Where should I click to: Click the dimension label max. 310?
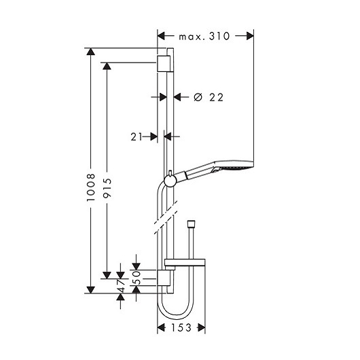(x=204, y=36)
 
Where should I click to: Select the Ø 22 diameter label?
(x=209, y=97)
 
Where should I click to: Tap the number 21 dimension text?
(x=137, y=137)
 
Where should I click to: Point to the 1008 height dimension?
(x=91, y=187)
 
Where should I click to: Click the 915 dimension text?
(x=107, y=188)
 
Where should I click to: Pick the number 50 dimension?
(x=137, y=278)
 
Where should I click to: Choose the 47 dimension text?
(x=121, y=286)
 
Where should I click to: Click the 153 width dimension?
(x=181, y=327)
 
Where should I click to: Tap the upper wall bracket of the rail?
(x=164, y=64)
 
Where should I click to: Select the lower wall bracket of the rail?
(x=164, y=278)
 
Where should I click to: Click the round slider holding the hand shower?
(x=170, y=181)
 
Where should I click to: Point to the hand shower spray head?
(x=234, y=167)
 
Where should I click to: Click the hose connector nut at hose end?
(x=191, y=224)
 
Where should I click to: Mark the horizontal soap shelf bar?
(x=185, y=262)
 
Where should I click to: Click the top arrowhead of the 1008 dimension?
(x=91, y=52)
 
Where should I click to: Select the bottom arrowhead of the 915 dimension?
(x=107, y=275)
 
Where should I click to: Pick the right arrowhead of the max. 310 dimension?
(x=250, y=36)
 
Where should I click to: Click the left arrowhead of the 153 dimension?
(x=161, y=327)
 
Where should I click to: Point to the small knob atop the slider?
(x=170, y=173)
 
